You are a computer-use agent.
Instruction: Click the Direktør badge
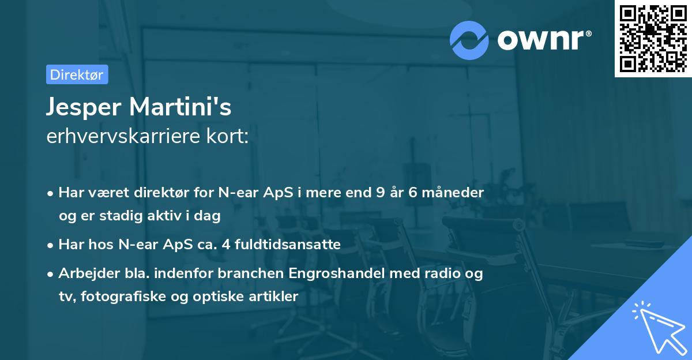[77, 74]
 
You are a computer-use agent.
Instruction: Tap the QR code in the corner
[653, 39]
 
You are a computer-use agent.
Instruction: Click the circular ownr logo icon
[469, 40]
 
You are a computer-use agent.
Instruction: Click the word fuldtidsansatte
[283, 245]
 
